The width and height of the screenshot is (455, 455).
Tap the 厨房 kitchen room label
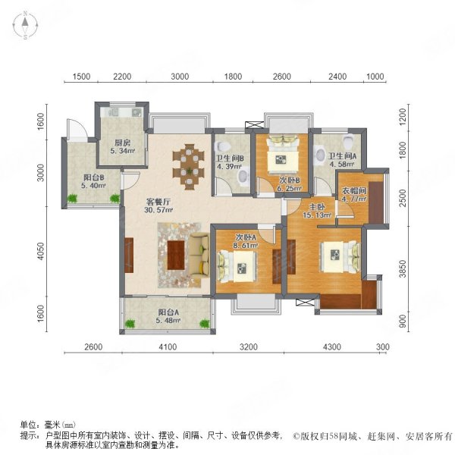[122, 143]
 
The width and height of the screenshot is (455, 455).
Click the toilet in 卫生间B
[222, 146]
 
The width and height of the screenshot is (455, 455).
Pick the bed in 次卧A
[237, 265]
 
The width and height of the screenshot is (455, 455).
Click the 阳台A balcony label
[168, 312]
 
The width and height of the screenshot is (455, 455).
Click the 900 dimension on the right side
[405, 321]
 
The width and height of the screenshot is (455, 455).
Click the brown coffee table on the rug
[177, 254]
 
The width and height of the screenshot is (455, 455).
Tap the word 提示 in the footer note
[28, 435]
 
